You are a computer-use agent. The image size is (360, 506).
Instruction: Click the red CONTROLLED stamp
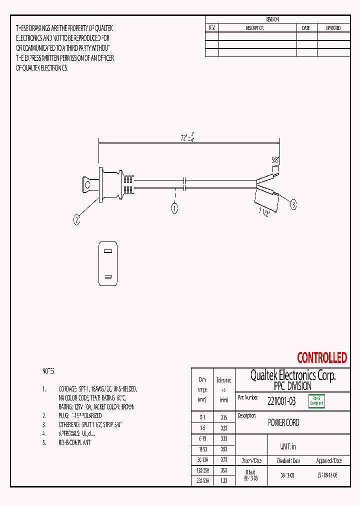(321, 358)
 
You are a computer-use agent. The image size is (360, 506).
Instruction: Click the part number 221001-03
(281, 401)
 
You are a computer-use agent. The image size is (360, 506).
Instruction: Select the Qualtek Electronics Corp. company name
(292, 375)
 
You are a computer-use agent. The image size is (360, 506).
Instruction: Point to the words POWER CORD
(283, 422)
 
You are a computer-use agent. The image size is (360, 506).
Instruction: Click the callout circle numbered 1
(174, 208)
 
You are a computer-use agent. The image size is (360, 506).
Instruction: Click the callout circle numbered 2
(76, 218)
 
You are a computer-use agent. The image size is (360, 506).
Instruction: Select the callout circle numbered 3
(293, 203)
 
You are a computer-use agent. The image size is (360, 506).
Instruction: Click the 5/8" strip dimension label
(275, 160)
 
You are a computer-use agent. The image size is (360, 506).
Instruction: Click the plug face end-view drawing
(108, 263)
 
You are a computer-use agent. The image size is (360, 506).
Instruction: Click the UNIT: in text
(288, 446)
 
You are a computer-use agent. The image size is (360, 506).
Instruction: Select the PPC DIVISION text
(292, 386)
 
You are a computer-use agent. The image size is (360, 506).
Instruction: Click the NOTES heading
(48, 371)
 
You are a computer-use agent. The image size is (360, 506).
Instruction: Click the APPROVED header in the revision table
(333, 28)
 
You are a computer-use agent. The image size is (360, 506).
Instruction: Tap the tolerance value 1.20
(223, 480)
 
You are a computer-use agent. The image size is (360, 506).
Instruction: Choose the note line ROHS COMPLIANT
(75, 442)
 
